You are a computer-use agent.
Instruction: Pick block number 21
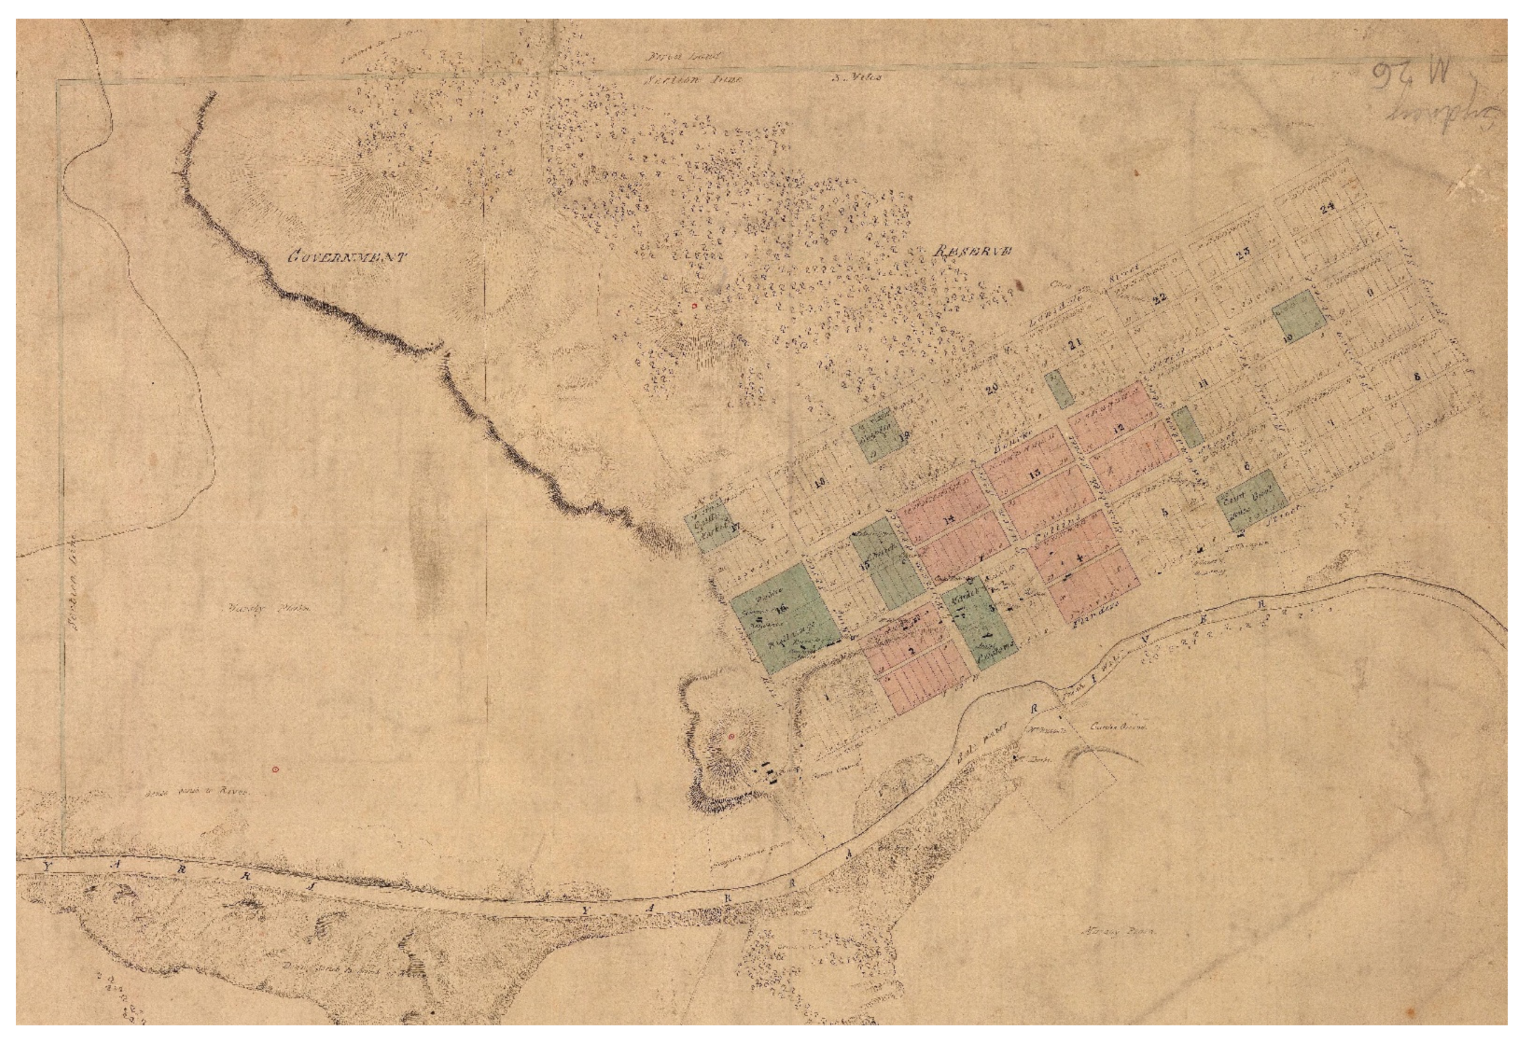click(x=1074, y=345)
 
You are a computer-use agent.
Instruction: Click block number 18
click(x=819, y=483)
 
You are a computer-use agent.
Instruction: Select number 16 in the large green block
click(x=781, y=609)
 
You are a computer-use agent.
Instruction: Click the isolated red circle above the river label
click(x=276, y=769)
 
